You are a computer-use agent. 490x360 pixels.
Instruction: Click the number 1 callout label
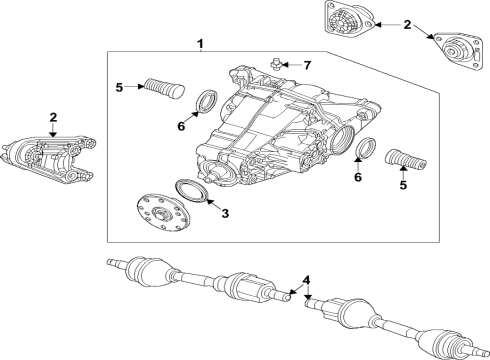pos(201,44)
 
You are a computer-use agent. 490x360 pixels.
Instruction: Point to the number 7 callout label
pos(307,66)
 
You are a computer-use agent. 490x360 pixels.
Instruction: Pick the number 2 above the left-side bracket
pos(52,118)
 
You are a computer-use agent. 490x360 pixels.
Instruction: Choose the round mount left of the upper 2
pos(347,22)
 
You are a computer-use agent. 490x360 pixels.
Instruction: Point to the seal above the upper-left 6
pos(205,101)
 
